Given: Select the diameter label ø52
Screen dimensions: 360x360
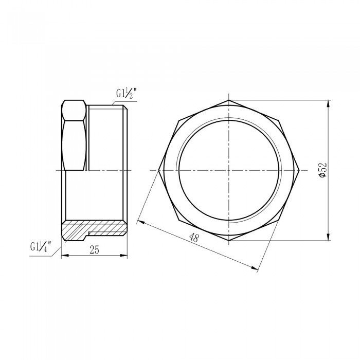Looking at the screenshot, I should tap(322, 169).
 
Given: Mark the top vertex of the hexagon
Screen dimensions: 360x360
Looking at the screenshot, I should tap(228, 99).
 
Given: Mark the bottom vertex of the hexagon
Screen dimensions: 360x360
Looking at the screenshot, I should tap(228, 240).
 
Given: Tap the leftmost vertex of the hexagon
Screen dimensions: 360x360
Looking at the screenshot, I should tap(160, 170).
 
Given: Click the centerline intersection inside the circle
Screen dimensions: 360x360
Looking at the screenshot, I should tap(228, 170).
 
